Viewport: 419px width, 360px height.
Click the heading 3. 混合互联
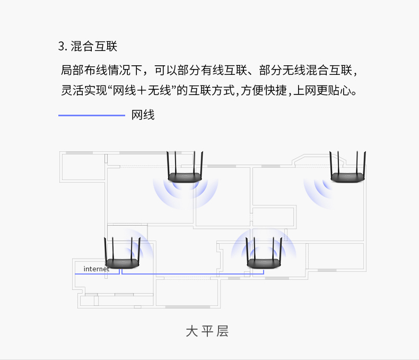pyautogui.click(x=88, y=46)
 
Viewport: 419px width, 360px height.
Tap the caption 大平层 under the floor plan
pyautogui.click(x=207, y=331)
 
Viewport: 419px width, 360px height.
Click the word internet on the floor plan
pyautogui.click(x=97, y=269)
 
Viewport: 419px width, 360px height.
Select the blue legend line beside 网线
pyautogui.click(x=92, y=115)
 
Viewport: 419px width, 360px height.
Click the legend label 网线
pyautogui.click(x=143, y=115)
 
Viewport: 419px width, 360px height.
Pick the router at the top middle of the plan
pyautogui.click(x=185, y=167)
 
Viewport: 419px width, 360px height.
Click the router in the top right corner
pyautogui.click(x=347, y=167)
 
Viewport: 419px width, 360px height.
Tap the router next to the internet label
pyautogui.click(x=122, y=253)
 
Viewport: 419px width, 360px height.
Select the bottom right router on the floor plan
pyautogui.click(x=264, y=253)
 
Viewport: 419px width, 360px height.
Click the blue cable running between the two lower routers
pyautogui.click(x=193, y=274)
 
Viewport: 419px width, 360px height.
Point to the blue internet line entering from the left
pyautogui.click(x=97, y=274)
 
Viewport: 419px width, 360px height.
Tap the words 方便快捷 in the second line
pyautogui.click(x=264, y=90)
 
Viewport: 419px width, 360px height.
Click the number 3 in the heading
pyautogui.click(x=61, y=46)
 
